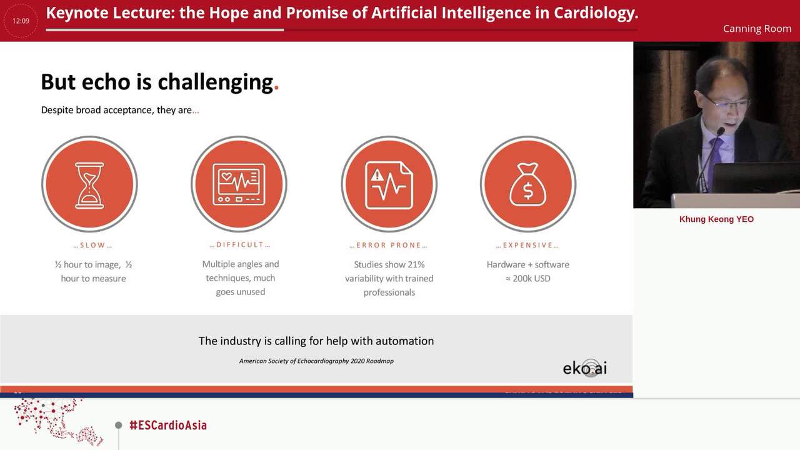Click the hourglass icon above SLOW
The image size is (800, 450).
89,184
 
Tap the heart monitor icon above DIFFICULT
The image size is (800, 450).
239,184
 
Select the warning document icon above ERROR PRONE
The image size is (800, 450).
389,184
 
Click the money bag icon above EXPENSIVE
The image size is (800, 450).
528,184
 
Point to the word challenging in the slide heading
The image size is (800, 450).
215,82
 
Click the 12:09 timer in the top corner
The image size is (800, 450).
21,21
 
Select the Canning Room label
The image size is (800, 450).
757,29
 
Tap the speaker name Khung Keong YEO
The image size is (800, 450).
716,219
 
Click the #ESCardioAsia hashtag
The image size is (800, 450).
167,425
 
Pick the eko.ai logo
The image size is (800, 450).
585,367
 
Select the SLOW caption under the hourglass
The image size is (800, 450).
92,245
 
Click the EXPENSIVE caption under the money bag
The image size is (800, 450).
527,245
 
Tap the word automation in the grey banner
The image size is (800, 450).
404,341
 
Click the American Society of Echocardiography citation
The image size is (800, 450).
316,361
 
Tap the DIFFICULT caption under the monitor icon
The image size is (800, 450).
240,244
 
